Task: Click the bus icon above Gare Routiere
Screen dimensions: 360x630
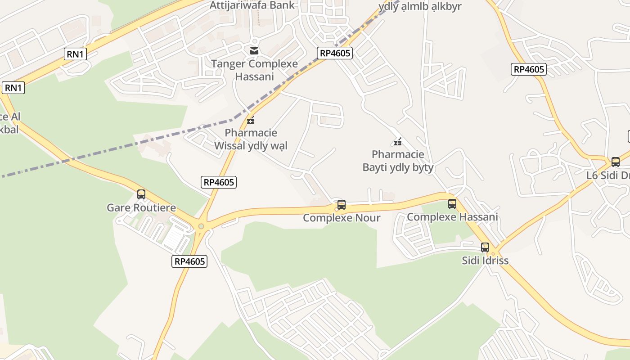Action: click(x=141, y=194)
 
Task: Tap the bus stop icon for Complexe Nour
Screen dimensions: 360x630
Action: click(x=342, y=205)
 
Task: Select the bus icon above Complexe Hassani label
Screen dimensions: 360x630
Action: click(x=452, y=204)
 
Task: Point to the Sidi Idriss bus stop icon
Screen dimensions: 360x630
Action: click(x=485, y=247)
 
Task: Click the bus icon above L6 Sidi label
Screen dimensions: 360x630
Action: click(x=615, y=162)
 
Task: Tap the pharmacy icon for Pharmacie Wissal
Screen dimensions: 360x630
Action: click(x=251, y=120)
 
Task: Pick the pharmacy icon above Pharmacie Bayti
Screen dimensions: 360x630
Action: click(x=398, y=142)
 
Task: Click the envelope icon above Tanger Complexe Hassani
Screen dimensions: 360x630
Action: click(x=254, y=51)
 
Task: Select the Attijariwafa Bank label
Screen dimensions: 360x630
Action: click(x=252, y=5)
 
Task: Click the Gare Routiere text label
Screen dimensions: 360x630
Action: click(x=141, y=208)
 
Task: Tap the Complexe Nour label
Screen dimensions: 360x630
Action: click(x=342, y=218)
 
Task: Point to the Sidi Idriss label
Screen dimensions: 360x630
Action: click(x=485, y=261)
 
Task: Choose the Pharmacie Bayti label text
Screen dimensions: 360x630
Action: click(x=398, y=161)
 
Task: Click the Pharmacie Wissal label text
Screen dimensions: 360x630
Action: click(x=251, y=139)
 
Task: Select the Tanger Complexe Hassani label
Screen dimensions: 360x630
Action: click(x=254, y=70)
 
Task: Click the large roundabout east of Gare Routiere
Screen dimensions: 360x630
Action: click(x=201, y=226)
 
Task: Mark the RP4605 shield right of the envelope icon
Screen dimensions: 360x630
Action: click(x=334, y=53)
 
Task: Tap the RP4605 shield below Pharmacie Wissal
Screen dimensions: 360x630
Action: click(x=219, y=182)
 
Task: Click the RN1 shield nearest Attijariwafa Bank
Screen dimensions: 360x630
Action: click(x=76, y=54)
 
